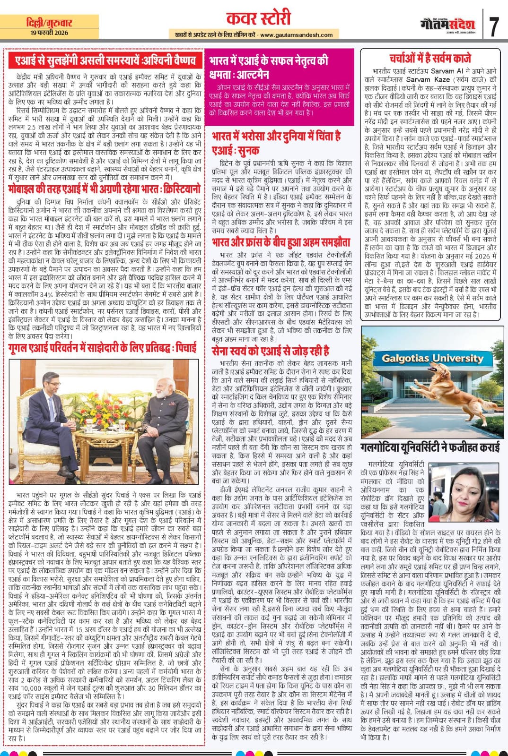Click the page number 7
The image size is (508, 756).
pos(494,26)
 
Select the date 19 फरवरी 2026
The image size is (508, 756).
pos(48,32)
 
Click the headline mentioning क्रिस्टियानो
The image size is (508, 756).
pos(105,189)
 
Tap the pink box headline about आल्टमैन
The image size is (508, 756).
pos(269,68)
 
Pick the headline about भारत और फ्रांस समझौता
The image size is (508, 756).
pos(281,242)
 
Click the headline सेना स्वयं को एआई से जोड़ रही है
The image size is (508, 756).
pos(271,351)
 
